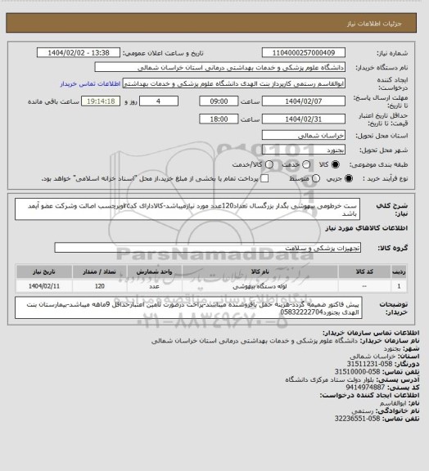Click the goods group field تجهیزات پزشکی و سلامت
pyautogui.click(x=246, y=247)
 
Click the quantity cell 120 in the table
pyautogui.click(x=98, y=286)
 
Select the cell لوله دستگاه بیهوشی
pyautogui.click(x=237, y=286)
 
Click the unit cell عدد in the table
pyautogui.click(x=153, y=286)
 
